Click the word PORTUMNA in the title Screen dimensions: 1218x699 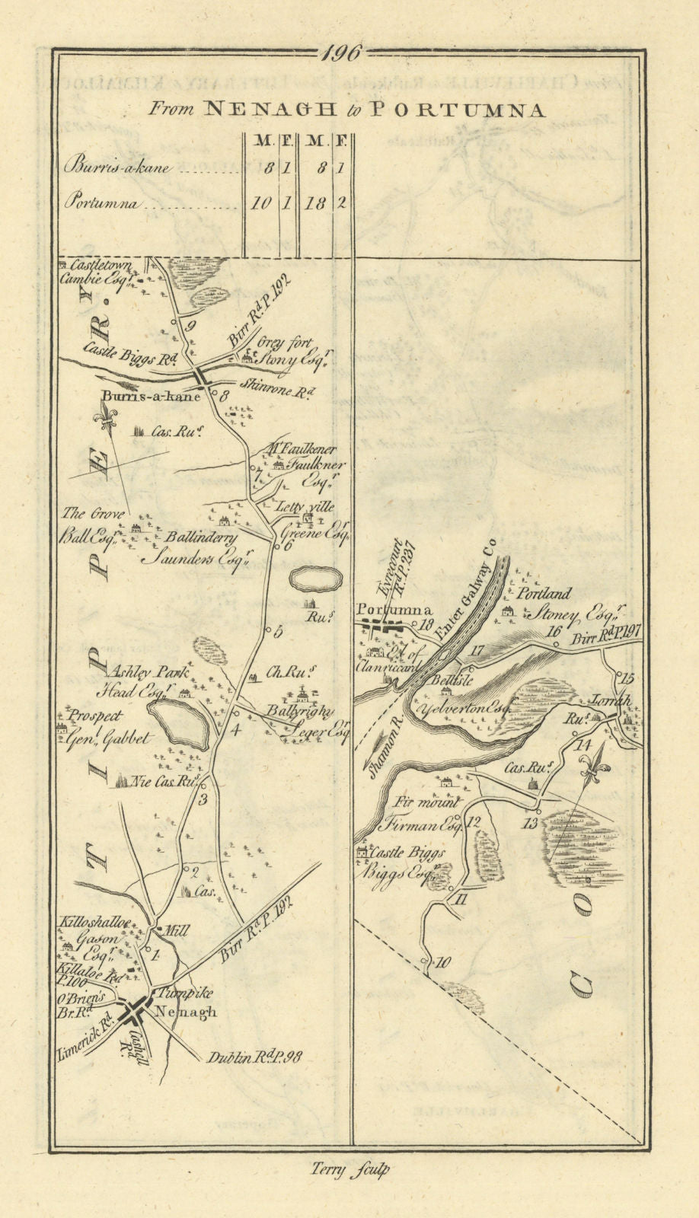pos(458,110)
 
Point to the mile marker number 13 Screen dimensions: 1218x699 pos(531,823)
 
